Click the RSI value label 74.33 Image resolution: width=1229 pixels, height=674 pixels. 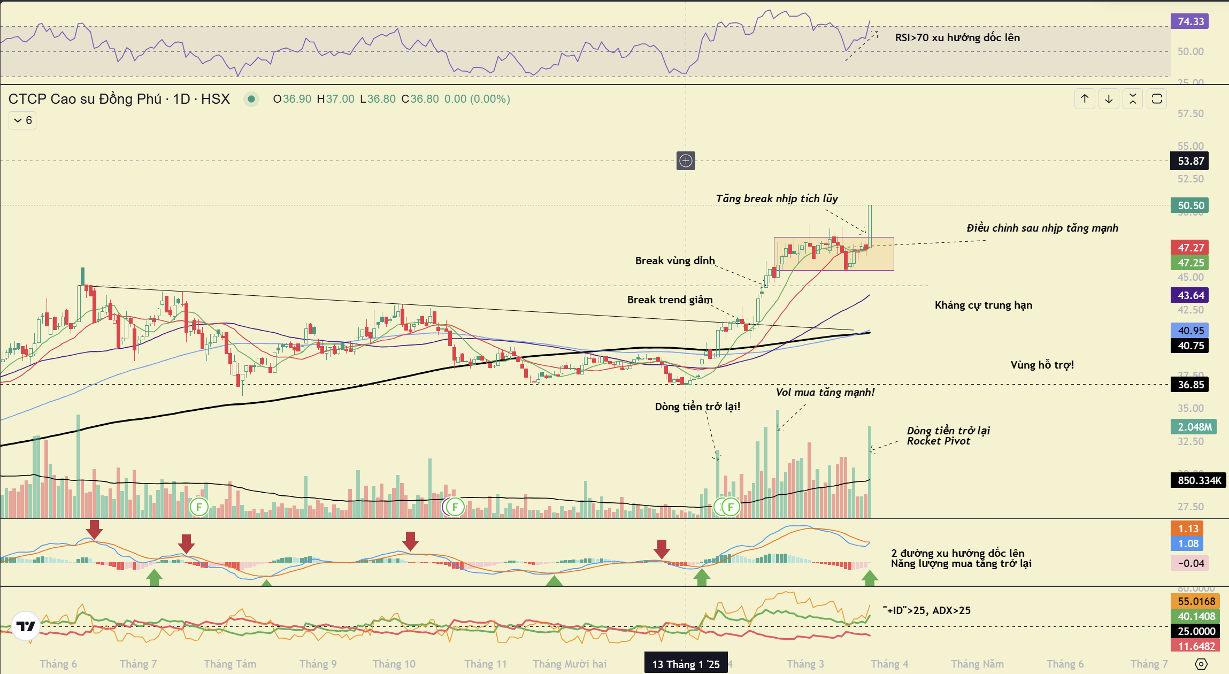point(1190,21)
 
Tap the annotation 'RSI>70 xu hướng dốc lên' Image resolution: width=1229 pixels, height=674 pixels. point(957,37)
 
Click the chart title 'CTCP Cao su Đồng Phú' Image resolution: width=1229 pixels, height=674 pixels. point(85,99)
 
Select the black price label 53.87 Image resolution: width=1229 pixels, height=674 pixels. point(1190,161)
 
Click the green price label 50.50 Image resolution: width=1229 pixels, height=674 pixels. point(1190,205)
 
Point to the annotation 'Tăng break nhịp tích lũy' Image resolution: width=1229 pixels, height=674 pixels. point(777,198)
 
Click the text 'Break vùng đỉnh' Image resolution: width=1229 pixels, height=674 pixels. point(675,261)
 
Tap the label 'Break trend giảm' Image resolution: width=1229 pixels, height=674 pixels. point(670,300)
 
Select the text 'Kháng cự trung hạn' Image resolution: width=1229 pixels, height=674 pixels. point(983,305)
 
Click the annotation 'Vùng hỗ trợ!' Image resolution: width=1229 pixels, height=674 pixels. point(1042,365)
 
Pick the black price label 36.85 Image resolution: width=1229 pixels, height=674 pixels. point(1190,385)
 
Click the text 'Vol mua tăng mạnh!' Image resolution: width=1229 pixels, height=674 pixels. point(825,392)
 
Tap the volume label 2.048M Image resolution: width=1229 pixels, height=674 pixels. point(1194,427)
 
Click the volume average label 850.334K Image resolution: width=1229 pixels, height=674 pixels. point(1199,480)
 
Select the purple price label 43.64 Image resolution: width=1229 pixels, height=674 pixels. point(1190,295)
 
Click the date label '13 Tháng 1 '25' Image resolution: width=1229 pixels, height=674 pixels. point(686,664)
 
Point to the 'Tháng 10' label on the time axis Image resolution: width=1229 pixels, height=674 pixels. point(394,664)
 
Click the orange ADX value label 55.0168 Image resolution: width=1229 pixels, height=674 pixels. point(1196,601)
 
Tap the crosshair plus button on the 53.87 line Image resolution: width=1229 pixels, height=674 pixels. point(686,160)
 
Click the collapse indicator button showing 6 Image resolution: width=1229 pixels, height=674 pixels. point(22,120)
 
